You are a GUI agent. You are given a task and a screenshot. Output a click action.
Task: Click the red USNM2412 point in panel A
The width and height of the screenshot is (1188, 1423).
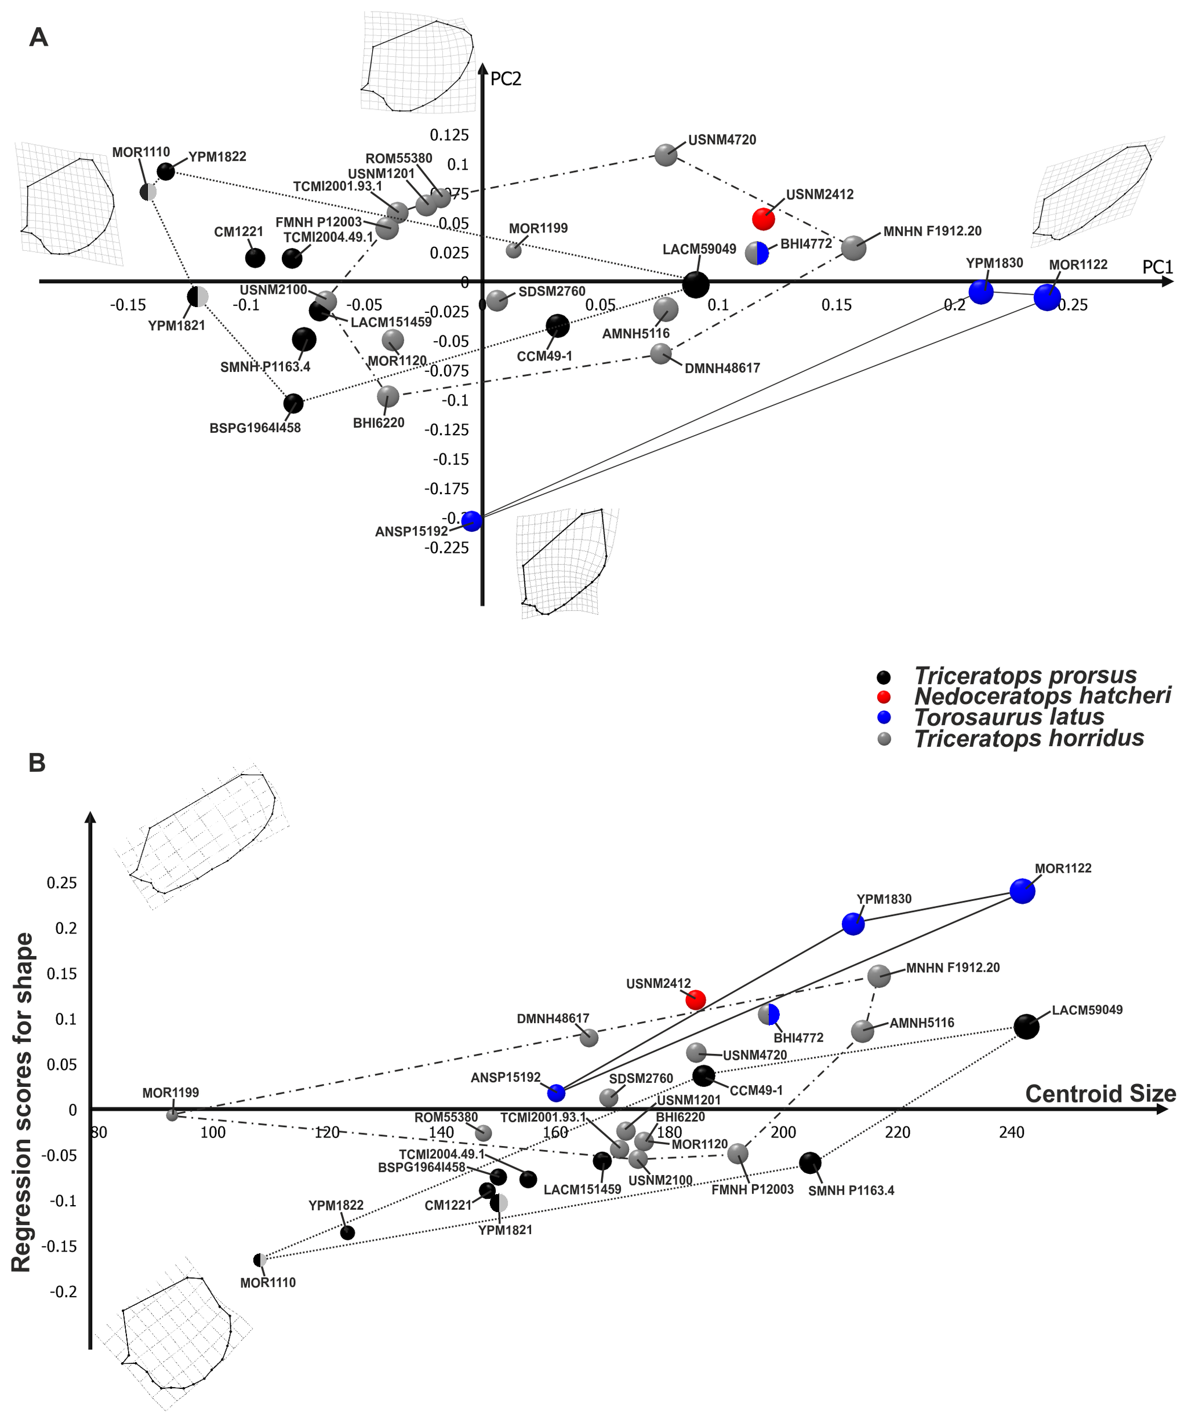(x=764, y=219)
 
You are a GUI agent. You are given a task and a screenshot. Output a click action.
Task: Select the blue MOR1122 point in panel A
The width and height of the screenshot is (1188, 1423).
(x=1047, y=297)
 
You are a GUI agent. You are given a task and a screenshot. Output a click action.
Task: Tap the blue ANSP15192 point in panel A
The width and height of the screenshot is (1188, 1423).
(x=472, y=521)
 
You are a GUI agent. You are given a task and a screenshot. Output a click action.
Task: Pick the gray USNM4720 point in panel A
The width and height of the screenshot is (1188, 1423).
(x=666, y=155)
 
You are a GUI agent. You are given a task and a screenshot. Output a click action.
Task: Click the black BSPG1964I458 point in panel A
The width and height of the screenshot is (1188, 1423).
(x=293, y=403)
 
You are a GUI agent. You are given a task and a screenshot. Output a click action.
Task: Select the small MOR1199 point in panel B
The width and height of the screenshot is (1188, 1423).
(x=172, y=1115)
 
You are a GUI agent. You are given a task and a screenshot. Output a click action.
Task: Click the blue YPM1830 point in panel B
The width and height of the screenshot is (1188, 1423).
(x=853, y=923)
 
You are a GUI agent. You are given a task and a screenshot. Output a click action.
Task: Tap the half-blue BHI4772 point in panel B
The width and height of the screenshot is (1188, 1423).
(x=768, y=1015)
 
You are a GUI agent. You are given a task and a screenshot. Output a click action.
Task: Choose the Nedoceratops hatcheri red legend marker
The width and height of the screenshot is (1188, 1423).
(x=884, y=696)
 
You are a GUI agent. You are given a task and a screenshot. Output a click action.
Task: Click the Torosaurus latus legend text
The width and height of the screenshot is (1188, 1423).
(x=1009, y=717)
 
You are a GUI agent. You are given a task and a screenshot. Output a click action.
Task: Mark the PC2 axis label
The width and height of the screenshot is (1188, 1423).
(x=506, y=79)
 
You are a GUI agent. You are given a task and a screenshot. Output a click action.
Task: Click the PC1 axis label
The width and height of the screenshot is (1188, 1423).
(x=1157, y=267)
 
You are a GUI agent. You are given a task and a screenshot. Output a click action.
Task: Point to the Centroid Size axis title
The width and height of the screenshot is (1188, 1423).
(x=1100, y=1094)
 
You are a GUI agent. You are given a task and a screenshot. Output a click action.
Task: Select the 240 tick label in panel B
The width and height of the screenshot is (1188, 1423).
(x=1011, y=1132)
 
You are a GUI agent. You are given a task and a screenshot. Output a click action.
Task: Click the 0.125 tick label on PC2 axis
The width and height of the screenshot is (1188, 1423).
(x=449, y=135)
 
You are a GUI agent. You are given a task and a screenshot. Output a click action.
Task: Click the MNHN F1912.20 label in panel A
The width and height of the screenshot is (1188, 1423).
(x=932, y=231)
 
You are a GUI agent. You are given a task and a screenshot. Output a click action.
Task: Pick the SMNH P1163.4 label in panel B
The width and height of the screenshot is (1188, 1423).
(x=851, y=1191)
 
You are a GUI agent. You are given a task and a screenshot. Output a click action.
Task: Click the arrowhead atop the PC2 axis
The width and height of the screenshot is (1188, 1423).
(x=483, y=68)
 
